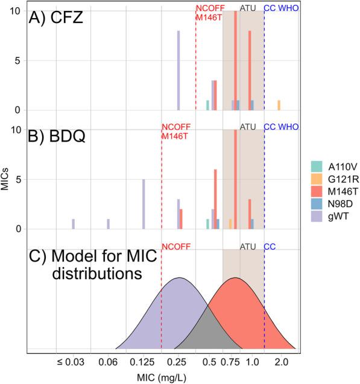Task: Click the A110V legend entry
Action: pos(329,165)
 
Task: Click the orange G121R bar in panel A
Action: pos(279,105)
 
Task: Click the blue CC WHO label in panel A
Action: pos(281,8)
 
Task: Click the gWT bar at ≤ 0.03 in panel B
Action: pos(73,224)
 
